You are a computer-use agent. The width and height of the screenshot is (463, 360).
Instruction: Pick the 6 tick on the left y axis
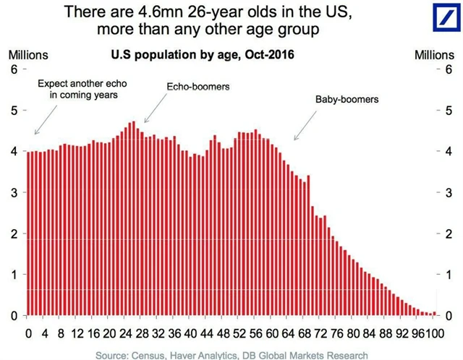click(x=12, y=69)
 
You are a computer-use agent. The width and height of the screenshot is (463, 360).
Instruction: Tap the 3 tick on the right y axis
click(x=450, y=193)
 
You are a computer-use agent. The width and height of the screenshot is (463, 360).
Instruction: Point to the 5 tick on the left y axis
click(x=12, y=111)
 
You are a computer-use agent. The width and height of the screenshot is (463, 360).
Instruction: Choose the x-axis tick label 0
click(x=29, y=334)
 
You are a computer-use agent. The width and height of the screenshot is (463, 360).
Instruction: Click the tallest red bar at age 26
click(x=133, y=217)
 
